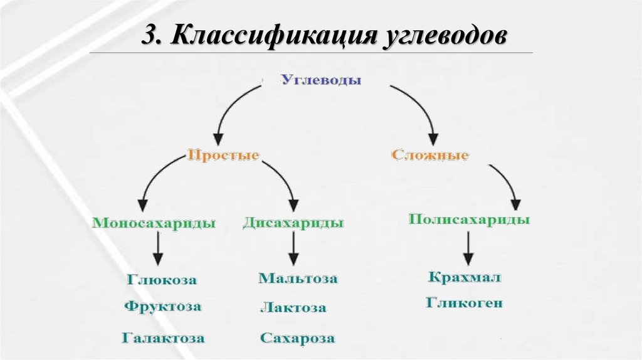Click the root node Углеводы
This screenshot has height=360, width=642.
coord(320,81)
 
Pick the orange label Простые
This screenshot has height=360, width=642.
coord(223,155)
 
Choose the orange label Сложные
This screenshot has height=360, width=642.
coord(430,155)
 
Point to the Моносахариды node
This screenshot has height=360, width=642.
coord(154,223)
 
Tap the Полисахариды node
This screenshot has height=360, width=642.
coord(469,220)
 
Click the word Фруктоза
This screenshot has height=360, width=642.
coord(162,307)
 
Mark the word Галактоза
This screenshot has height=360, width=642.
coord(163,338)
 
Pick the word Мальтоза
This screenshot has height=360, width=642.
coord(298,278)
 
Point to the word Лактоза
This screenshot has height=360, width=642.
coord(293,308)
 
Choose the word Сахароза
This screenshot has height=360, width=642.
coord(297,338)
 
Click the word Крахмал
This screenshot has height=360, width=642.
coord(465,277)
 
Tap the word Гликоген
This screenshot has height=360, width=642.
coord(465,303)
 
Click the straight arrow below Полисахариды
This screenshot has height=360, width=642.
coord(468,248)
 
